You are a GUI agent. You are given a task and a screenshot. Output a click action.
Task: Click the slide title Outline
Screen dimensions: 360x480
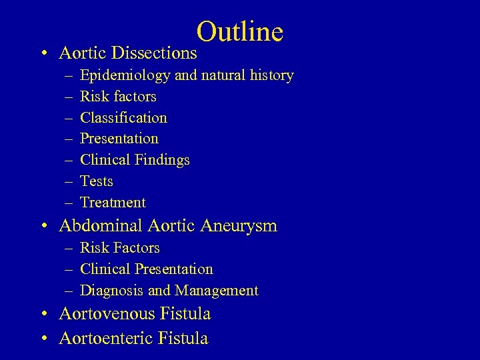(240, 31)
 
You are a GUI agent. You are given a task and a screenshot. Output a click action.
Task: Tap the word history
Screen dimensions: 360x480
(269, 75)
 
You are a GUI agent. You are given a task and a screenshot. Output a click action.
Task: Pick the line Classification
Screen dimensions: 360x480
(123, 118)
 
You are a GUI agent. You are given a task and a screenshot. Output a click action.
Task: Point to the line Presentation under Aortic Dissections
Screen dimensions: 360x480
(119, 139)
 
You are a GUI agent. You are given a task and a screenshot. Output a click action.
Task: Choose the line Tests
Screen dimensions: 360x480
(97, 181)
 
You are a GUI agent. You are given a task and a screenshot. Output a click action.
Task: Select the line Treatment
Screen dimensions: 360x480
(113, 203)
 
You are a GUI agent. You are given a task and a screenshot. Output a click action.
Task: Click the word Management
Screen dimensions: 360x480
(217, 291)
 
